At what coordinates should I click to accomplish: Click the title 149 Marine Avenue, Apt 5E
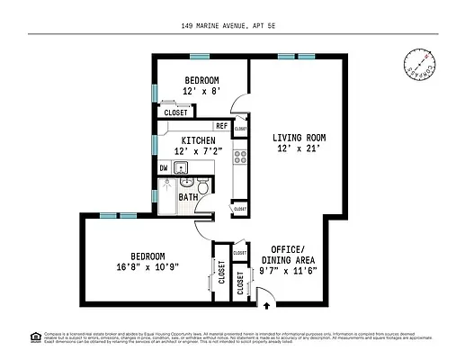232,27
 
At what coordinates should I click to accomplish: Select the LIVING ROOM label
299,138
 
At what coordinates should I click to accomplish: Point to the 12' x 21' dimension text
299,150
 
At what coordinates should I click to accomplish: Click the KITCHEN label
197,140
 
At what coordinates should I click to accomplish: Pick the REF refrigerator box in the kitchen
221,126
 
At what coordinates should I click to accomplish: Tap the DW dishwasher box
164,168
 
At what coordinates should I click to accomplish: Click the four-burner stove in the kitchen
240,157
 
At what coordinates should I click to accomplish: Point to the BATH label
188,197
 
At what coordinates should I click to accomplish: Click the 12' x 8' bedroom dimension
201,91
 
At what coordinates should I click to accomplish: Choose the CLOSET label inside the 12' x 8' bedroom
175,112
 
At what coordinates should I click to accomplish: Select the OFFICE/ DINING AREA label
289,255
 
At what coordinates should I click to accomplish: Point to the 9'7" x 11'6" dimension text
289,270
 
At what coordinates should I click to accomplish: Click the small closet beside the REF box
240,129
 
